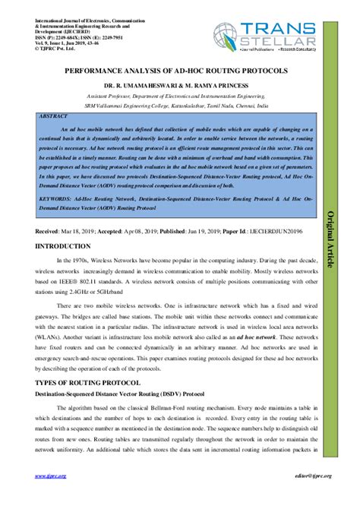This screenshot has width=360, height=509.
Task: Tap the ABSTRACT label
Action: pos(54,117)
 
